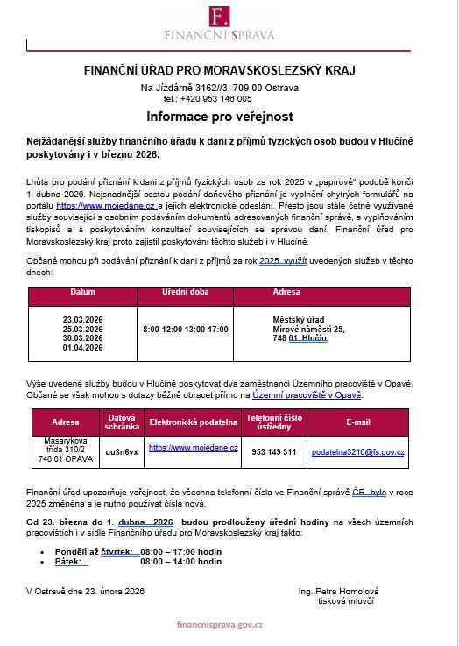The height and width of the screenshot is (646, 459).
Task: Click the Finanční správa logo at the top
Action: coord(220,23)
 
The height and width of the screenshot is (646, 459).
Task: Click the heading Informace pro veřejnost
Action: coord(220,116)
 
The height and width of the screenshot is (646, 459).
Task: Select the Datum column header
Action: coord(82,292)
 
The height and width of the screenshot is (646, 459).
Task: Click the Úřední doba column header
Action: coord(184,292)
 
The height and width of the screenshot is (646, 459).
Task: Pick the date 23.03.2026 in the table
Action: coord(83,320)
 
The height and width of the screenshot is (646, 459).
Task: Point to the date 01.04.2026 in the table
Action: coord(83,348)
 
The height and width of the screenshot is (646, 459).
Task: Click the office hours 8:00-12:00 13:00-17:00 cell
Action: coord(185,330)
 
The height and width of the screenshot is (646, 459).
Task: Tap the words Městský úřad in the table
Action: coord(299,320)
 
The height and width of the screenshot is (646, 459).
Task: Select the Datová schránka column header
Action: coord(121,422)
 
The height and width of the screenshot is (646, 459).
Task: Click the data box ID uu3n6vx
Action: coord(121,452)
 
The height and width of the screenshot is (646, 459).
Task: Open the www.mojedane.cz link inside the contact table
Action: coord(193,447)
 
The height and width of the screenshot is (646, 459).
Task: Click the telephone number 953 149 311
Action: coord(273,452)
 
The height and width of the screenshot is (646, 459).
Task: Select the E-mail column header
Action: coord(357,422)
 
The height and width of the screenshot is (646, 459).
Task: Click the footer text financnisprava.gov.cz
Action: coord(220,628)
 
